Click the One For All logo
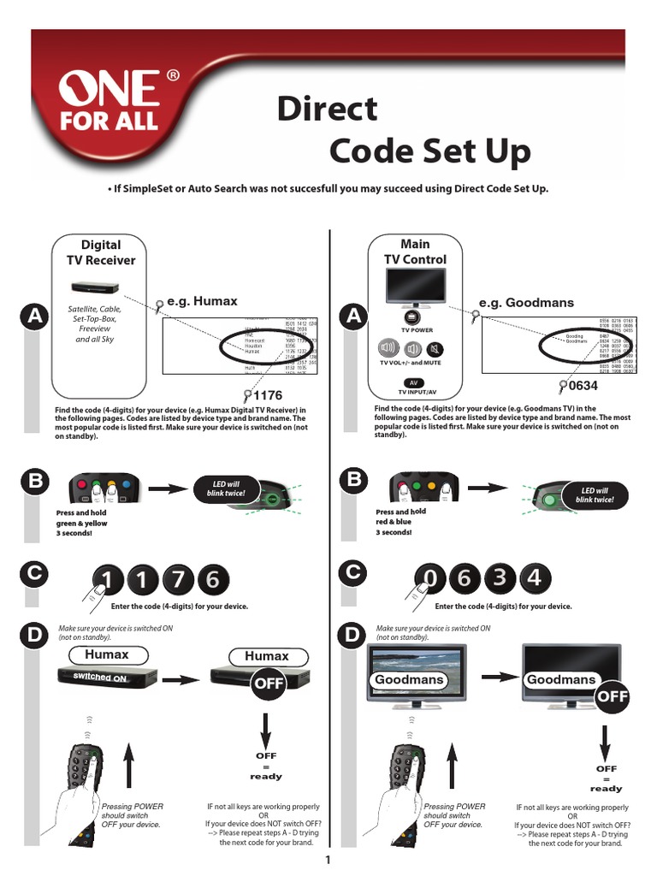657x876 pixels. pos(109,101)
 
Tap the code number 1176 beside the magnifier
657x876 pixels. pos(268,395)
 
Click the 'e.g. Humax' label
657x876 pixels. pos(203,301)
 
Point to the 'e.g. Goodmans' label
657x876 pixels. pos(526,303)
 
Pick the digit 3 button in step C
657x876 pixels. pos(499,578)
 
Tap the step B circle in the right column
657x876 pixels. pos(352,480)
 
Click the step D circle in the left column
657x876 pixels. pos(35,636)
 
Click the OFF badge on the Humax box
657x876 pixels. pos(267,684)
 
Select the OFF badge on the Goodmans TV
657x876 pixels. pos(613,696)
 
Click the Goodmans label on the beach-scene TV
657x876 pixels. pos(409,679)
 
